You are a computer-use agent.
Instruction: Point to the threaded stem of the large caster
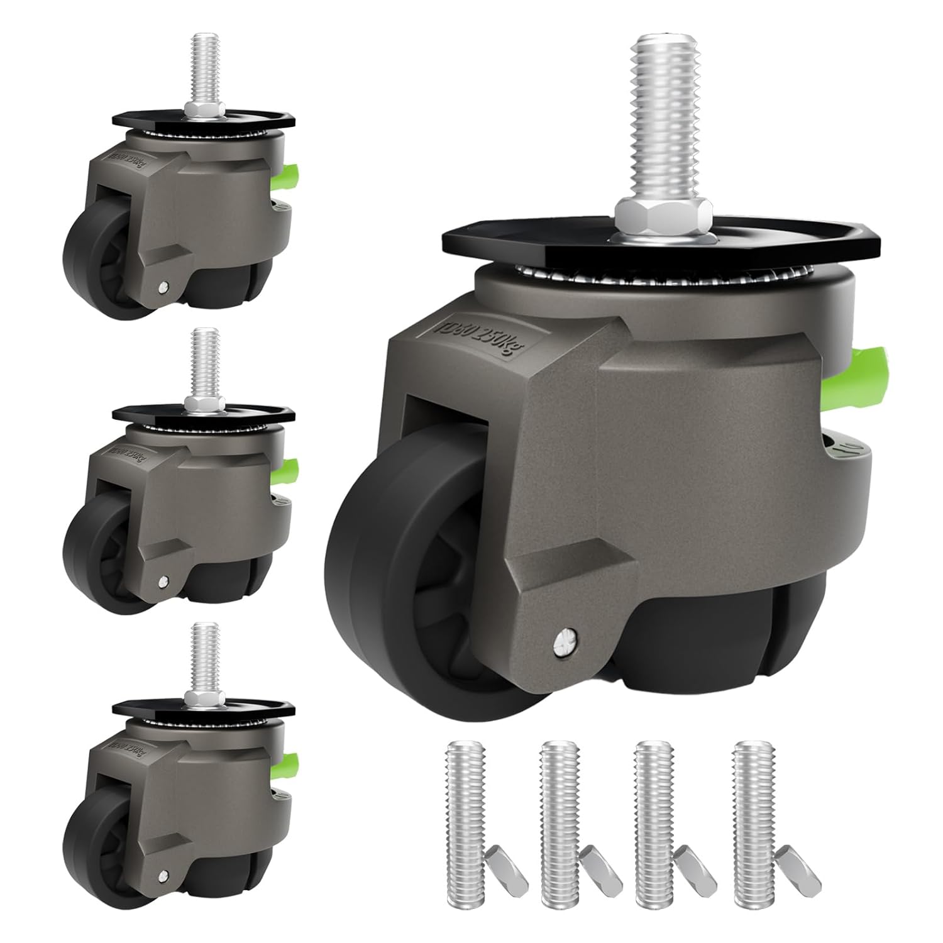[x=661, y=126]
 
